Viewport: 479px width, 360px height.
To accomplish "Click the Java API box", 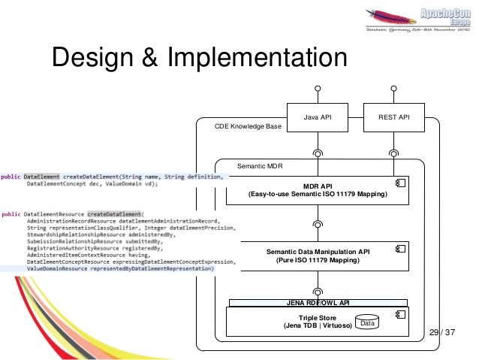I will pos(317,117).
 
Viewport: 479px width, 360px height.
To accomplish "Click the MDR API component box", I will pos(318,190).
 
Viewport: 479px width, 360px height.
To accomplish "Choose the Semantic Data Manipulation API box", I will pos(318,256).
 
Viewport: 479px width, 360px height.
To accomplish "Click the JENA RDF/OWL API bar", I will pos(318,303).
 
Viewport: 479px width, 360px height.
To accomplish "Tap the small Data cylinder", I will pos(366,323).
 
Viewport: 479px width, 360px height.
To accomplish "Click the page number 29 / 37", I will pos(444,332).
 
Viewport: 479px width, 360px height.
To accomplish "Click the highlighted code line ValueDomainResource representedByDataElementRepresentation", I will pos(120,268).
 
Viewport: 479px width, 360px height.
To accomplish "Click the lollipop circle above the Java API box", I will pos(318,89).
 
